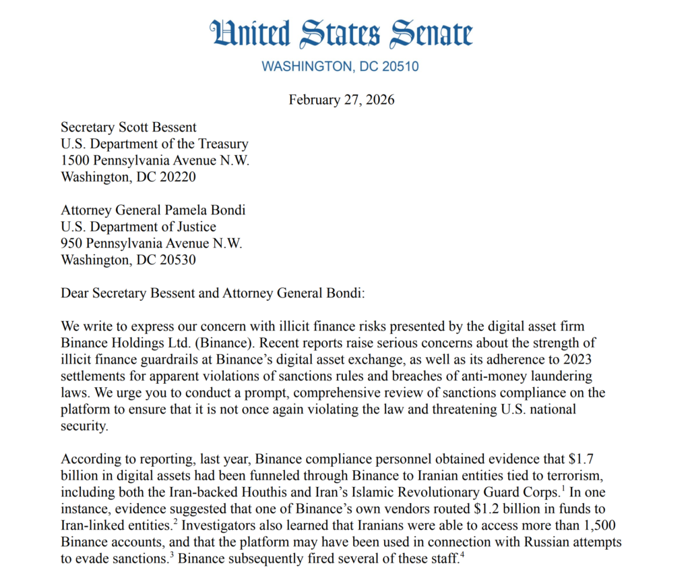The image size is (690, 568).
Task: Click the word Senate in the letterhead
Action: (x=424, y=33)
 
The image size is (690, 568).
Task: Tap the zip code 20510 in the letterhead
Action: (x=402, y=66)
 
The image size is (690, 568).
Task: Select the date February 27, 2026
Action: (x=342, y=100)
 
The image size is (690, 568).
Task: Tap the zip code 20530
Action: (x=178, y=260)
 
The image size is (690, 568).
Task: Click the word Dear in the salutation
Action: (x=75, y=293)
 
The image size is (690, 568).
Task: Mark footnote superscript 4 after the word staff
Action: (x=462, y=555)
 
